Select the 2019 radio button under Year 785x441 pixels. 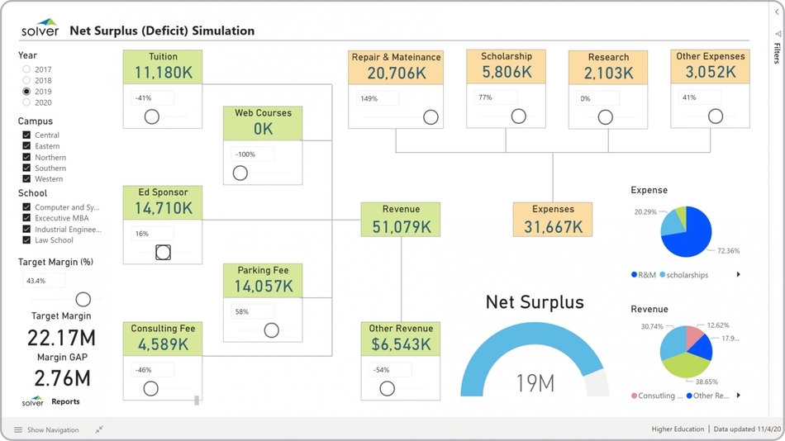coord(27,92)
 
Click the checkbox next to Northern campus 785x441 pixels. coord(27,157)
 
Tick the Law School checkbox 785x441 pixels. coord(27,240)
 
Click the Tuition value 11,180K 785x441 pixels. coord(163,73)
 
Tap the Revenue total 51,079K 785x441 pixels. coord(401,226)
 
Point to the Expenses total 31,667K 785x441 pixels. coord(553,226)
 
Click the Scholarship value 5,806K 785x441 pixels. coord(507,73)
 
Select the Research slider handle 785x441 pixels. coord(606,117)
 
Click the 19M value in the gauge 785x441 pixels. coord(535,382)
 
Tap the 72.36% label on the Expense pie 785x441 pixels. coord(728,250)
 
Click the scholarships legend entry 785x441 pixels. coord(687,275)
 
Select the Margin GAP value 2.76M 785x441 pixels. coord(61,378)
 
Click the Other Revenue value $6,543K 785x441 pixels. coord(401,344)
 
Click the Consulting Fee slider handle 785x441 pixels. coord(150,388)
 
